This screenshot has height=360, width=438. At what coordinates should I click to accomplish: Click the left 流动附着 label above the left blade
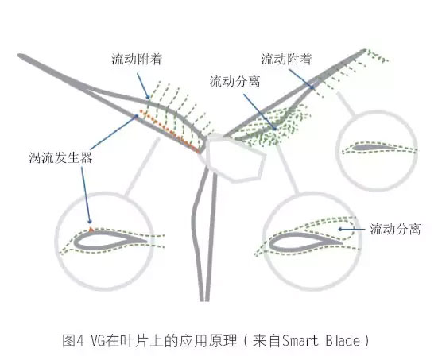tap(137, 59)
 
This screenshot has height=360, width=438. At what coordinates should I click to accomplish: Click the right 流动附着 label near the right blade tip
tap(286, 59)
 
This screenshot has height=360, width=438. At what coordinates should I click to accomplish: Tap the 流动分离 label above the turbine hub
tap(235, 81)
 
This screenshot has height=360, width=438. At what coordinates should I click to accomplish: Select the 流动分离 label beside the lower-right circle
tap(395, 229)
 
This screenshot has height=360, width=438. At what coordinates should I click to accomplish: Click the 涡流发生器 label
tap(60, 158)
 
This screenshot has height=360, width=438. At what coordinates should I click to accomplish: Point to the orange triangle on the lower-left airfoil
tap(91, 230)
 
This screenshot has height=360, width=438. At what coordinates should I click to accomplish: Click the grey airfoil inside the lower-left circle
tap(111, 240)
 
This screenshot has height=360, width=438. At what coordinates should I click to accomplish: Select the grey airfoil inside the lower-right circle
tap(305, 242)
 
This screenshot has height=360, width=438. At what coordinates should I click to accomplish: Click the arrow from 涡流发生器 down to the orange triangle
tap(86, 195)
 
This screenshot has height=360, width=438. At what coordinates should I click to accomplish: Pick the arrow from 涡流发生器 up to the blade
tap(114, 132)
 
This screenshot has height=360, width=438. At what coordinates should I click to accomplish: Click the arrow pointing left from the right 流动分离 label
tap(351, 230)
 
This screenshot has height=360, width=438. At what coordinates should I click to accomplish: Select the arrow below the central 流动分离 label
tap(260, 112)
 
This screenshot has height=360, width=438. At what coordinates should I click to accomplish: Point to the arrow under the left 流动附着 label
tap(143, 86)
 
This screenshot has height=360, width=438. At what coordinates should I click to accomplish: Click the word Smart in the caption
tap(300, 341)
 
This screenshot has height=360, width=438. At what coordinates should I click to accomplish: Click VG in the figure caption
tap(98, 341)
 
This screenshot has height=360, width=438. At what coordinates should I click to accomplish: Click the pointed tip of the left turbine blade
tap(19, 56)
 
